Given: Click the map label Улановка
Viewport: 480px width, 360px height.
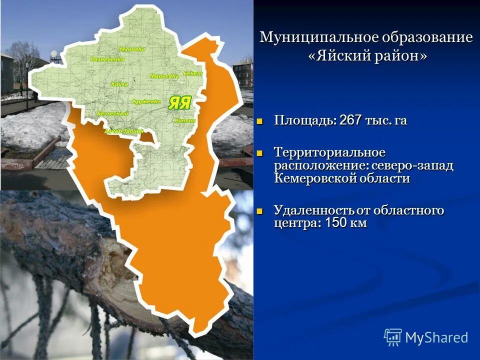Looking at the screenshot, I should click(x=132, y=49).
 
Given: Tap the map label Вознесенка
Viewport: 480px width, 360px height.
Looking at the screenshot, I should click(x=107, y=59).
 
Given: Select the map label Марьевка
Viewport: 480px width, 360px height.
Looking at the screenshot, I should click(x=164, y=76).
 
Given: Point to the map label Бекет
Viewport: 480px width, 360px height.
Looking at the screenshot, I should click(x=192, y=73).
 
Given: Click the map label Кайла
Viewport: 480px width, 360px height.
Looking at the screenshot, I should click(x=120, y=84).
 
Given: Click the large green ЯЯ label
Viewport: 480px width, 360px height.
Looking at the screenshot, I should click(x=179, y=103).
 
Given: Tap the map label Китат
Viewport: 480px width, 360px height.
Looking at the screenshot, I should click(x=184, y=120).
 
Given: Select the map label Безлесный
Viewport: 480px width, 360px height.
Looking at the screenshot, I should click(x=112, y=114).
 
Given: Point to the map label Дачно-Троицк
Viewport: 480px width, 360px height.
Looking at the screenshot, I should click(x=123, y=131).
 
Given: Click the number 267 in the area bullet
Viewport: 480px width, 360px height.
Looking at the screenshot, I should click(x=351, y=120).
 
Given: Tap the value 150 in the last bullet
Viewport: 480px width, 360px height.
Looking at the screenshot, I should click(x=336, y=223).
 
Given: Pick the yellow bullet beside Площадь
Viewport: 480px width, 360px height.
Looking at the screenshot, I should click(x=259, y=121).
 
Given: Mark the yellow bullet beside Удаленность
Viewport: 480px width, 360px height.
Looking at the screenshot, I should click(x=259, y=211).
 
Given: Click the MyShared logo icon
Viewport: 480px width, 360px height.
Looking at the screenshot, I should click(x=392, y=337).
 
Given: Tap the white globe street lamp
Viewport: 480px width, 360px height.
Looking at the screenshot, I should click(x=54, y=54).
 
